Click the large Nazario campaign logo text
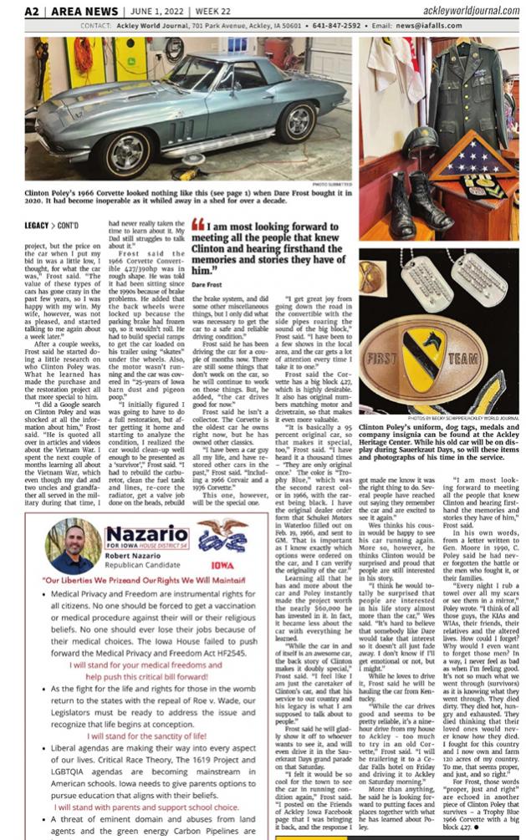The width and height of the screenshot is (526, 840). [x=146, y=533]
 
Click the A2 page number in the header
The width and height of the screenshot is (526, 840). [x=33, y=11]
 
